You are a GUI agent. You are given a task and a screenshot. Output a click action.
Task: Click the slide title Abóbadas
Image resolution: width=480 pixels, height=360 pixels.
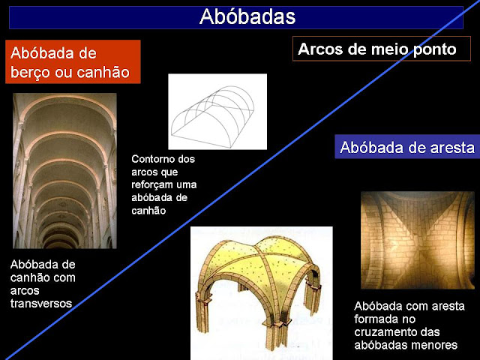point(247,16)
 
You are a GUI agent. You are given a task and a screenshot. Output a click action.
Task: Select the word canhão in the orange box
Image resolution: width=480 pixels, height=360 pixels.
point(103,72)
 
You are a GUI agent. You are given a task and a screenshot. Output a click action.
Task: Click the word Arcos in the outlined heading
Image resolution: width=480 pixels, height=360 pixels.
point(320,49)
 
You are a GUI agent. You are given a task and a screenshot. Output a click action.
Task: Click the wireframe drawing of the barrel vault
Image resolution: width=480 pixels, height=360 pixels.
point(217,112)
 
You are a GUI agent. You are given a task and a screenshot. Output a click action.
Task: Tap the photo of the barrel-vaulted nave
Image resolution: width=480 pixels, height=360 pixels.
point(64,171)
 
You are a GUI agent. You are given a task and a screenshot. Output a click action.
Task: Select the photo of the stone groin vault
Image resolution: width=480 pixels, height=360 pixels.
point(418,240)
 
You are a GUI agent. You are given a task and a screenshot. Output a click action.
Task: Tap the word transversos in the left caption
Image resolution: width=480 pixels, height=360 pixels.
point(41,303)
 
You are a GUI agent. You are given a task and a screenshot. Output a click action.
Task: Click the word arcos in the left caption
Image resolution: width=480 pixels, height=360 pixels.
point(25,290)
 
